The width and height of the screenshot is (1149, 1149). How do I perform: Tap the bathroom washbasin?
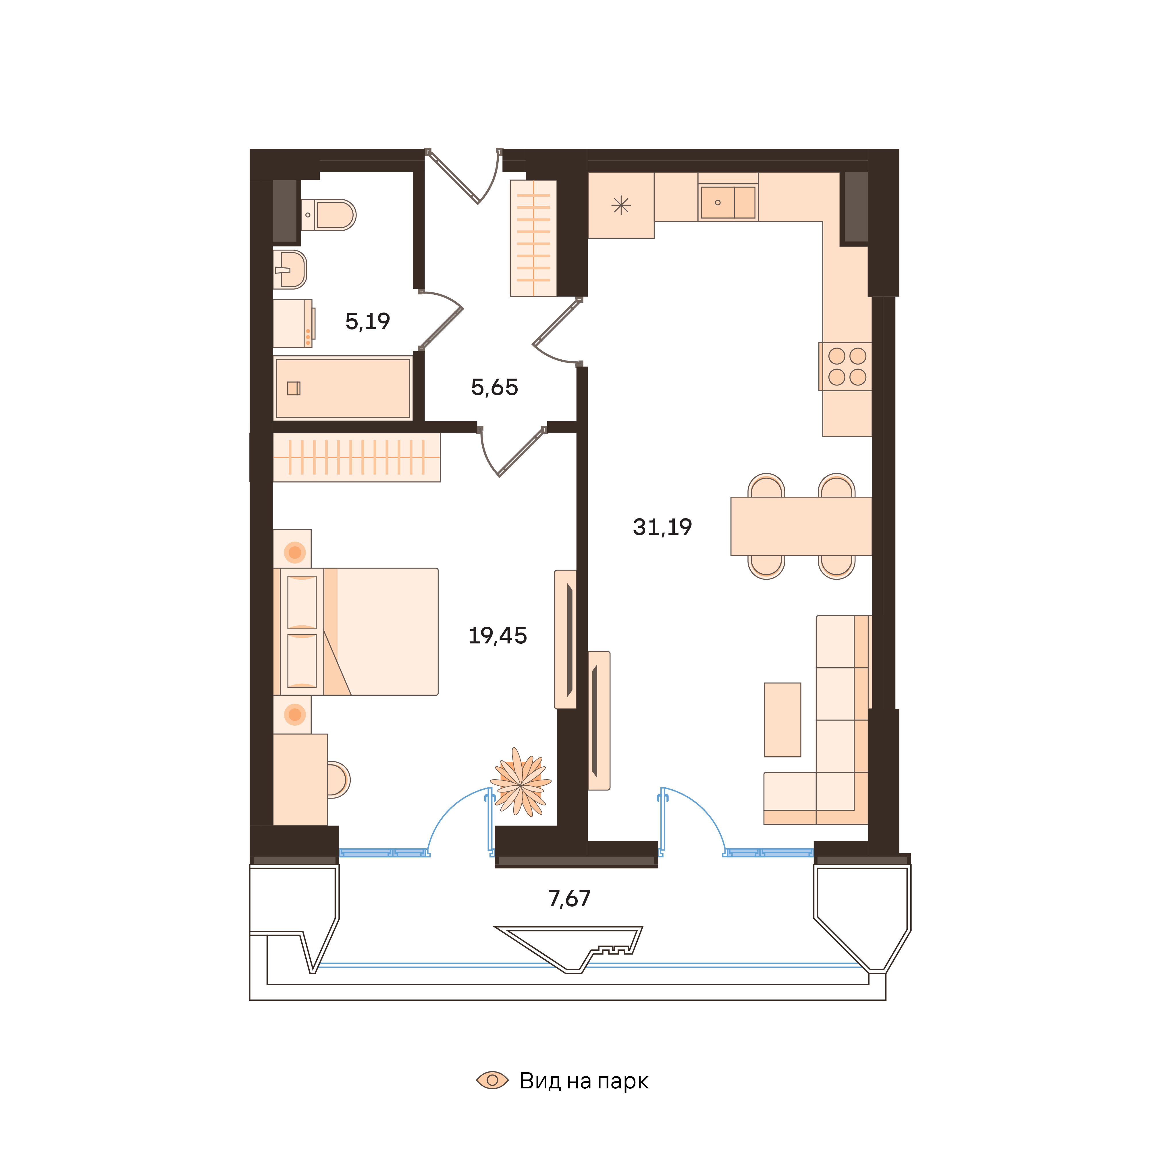pos(291,269)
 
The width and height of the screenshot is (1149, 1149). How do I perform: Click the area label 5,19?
pos(368,322)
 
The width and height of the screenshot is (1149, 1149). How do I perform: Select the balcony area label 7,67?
pos(569,899)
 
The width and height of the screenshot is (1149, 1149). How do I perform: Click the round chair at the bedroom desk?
pos(337,780)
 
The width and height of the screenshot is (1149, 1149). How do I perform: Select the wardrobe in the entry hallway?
pos(533,238)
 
